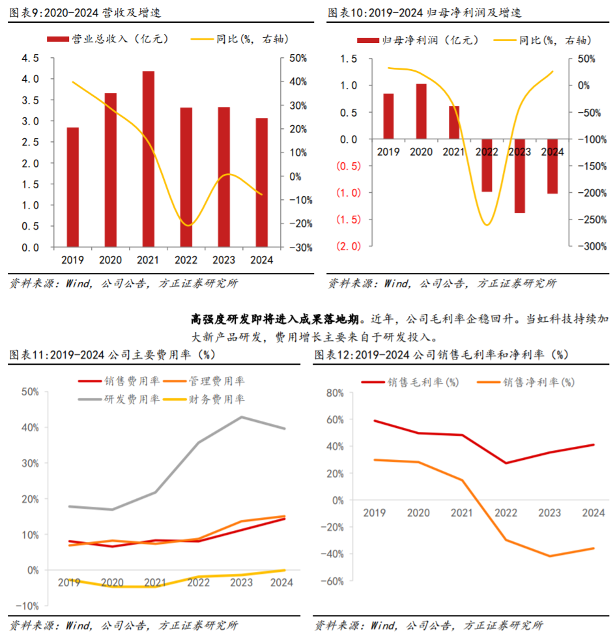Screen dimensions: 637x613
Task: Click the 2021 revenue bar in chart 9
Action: point(149,160)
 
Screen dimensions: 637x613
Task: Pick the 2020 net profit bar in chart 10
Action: point(421,111)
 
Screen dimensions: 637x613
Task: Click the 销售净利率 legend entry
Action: point(525,382)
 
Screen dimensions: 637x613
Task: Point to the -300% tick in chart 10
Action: point(592,246)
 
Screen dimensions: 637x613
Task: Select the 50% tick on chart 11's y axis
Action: point(30,391)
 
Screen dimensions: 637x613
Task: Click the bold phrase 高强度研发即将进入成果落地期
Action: point(274,320)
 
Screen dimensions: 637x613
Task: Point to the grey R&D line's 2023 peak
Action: point(242,417)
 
